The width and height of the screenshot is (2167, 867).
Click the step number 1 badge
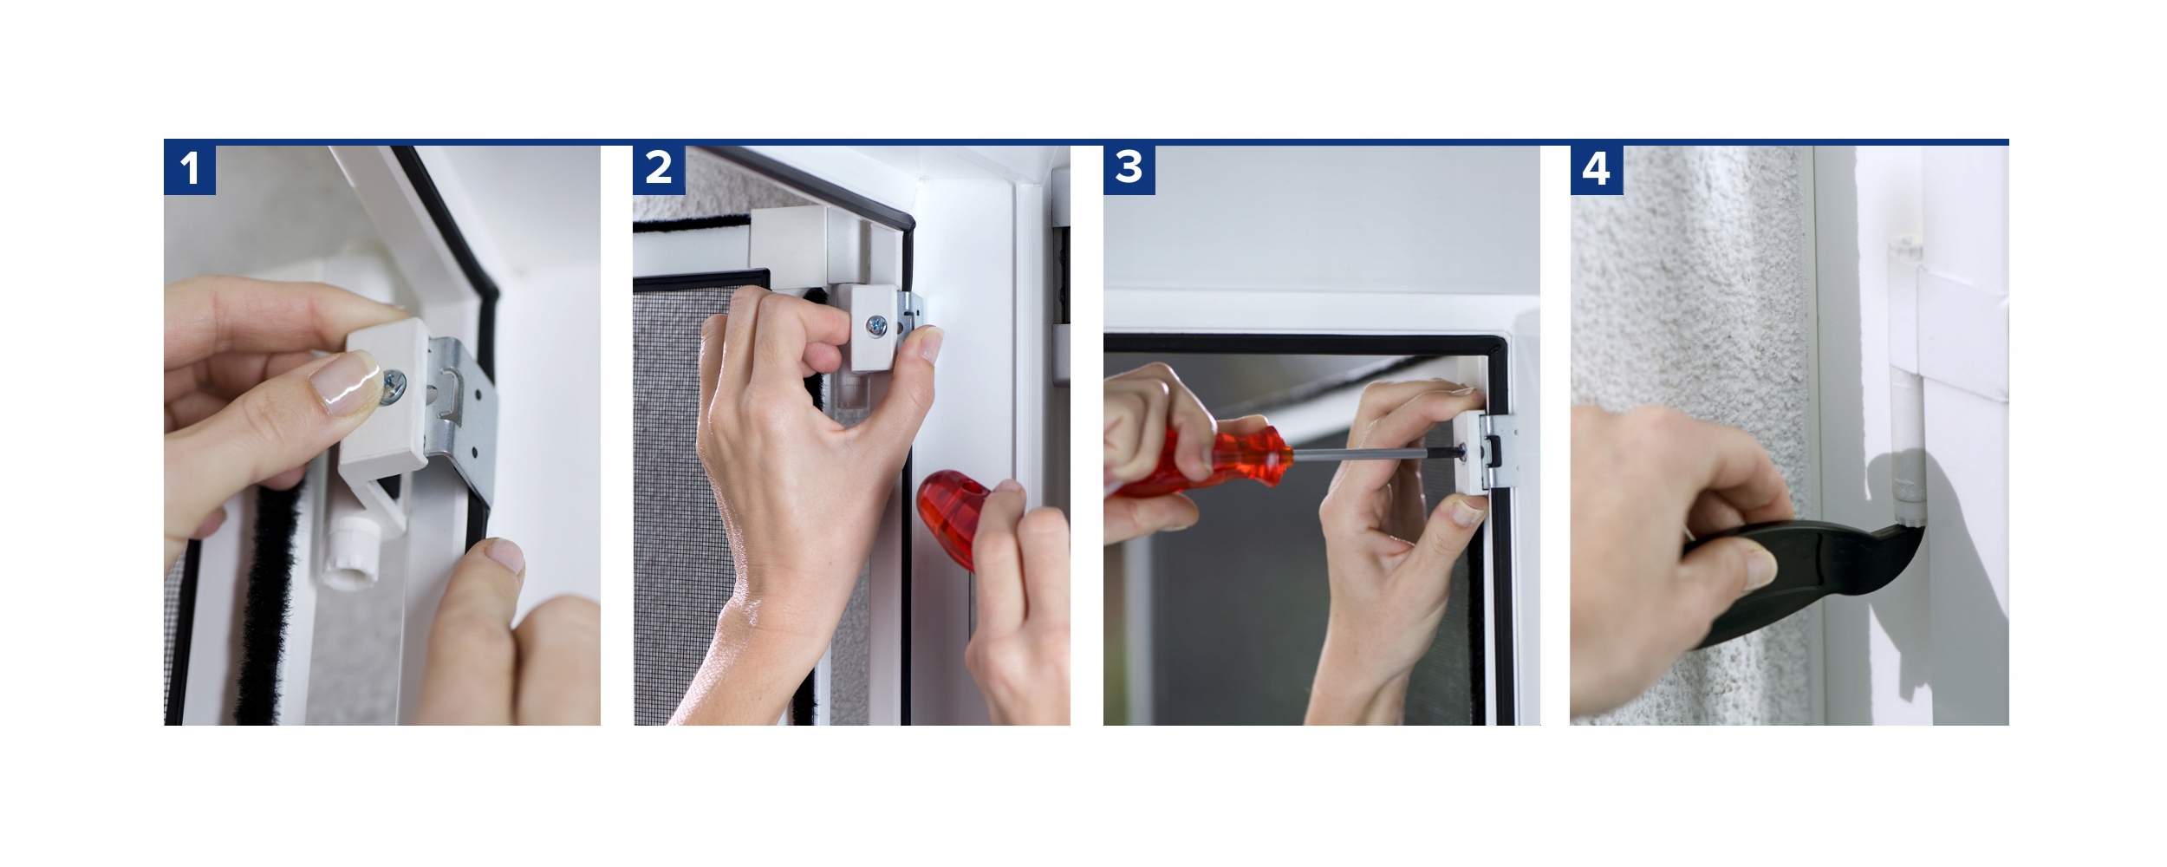click(x=190, y=168)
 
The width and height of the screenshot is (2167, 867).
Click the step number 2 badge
click(x=659, y=168)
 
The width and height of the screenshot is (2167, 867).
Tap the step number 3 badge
click(x=1129, y=168)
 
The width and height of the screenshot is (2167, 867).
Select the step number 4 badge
click(x=1596, y=168)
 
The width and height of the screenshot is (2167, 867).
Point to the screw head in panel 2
click(x=877, y=326)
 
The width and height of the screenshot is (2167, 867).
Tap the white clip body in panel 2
click(x=875, y=328)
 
